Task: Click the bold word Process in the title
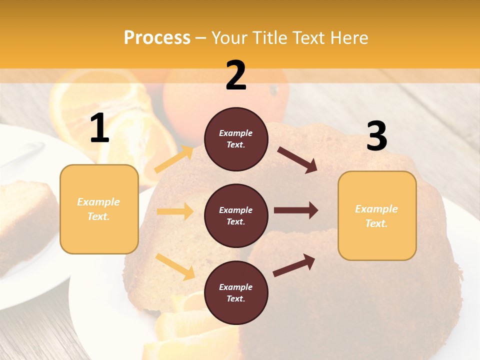tap(157, 38)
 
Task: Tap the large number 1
tap(99, 128)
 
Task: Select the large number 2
tap(236, 75)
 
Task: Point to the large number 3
tap(376, 136)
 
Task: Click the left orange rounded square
tap(99, 209)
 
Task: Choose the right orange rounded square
tap(377, 216)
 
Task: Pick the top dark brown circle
tap(236, 139)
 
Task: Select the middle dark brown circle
tap(236, 215)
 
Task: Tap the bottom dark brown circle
tap(236, 292)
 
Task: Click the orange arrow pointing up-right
tap(174, 159)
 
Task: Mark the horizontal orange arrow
tap(175, 211)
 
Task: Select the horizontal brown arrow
tap(296, 210)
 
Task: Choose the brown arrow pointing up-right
tap(294, 265)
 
